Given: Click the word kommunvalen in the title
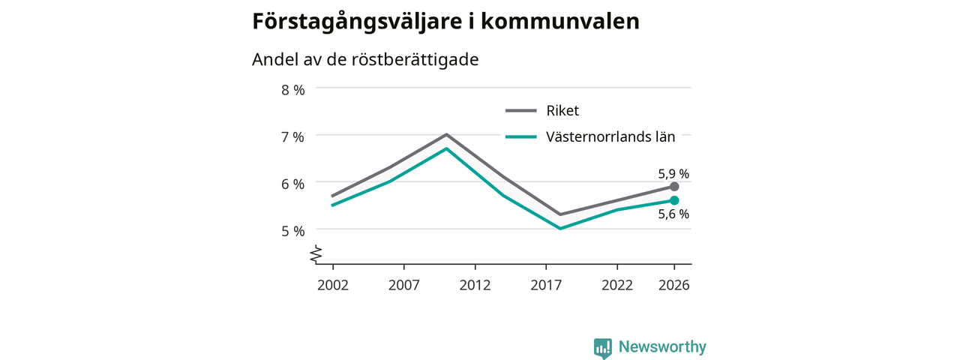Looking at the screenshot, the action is pos(560,21).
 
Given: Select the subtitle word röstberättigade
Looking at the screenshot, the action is pos(415,59).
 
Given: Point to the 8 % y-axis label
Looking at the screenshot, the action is pos(293,90).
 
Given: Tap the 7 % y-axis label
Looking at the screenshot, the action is pos(293,137).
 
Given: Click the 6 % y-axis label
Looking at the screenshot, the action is pos(293,184).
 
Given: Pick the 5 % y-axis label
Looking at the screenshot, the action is pos(293,232).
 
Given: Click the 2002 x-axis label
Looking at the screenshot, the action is pos(333,286).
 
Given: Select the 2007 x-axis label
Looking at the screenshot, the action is pos(404,286).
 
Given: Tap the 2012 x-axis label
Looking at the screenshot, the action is pos(475,286).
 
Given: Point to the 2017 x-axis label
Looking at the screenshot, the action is pos(546,286).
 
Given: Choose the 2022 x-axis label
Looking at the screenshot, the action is pos(617,286).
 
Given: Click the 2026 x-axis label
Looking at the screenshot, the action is pos(674,286).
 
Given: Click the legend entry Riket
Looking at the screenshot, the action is pos(562,111).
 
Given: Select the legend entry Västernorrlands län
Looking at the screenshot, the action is pos(610,137).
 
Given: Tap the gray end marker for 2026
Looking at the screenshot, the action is pos(674,187).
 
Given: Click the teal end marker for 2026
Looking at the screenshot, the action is pos(674,200).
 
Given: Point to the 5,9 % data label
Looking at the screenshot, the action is pos(673,174).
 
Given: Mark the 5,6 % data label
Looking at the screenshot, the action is pos(673,214).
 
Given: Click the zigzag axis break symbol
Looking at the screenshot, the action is pos(316,254).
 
